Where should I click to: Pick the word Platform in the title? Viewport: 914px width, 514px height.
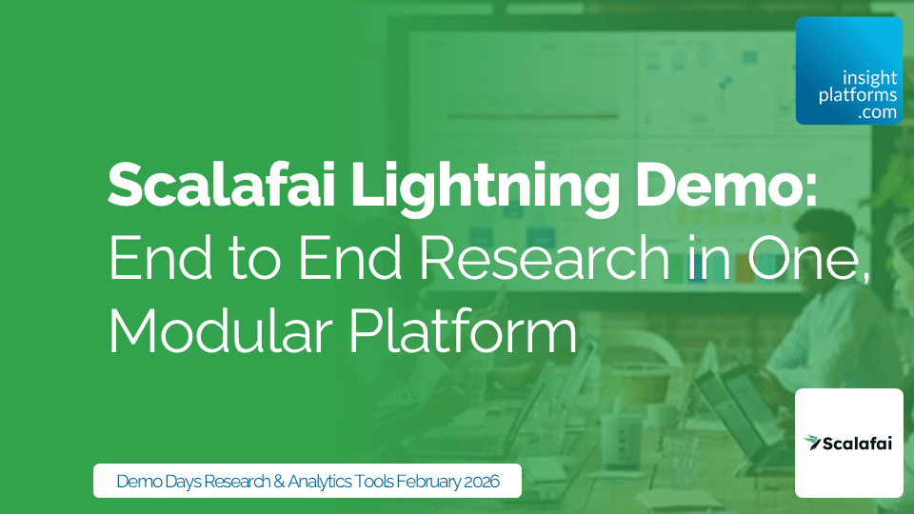[x=485, y=334]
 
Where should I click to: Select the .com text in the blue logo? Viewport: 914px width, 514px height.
[x=876, y=112]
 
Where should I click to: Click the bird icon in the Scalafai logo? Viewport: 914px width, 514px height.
[x=811, y=442]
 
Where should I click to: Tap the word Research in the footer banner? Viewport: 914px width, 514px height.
[x=241, y=482]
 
